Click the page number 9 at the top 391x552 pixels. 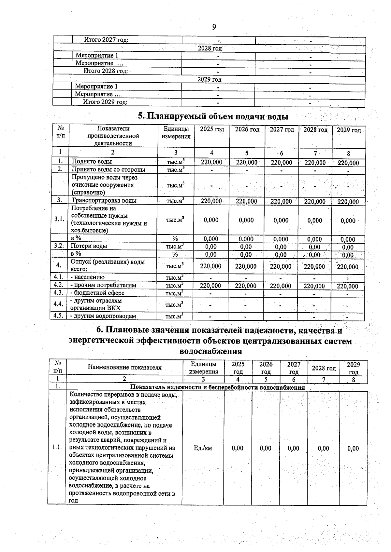214,27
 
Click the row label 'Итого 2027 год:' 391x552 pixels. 106,40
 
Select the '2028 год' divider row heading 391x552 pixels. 210,48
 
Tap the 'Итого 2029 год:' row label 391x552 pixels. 105,102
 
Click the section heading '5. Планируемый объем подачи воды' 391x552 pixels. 213,116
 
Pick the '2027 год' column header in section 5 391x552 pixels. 282,129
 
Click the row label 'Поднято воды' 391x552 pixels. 92,162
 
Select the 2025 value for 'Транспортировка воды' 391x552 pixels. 211,201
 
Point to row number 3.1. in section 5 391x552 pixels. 59,219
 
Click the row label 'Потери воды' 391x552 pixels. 89,246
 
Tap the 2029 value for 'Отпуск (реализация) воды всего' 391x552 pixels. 348,267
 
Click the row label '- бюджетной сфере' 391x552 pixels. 97,293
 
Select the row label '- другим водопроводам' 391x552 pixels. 103,316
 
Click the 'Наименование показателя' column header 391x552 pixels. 124,368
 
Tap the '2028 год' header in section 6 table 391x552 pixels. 324,368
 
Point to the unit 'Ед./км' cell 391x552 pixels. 203,448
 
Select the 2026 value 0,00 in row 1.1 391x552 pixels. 266,448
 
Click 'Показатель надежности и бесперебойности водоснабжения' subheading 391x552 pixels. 217,387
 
